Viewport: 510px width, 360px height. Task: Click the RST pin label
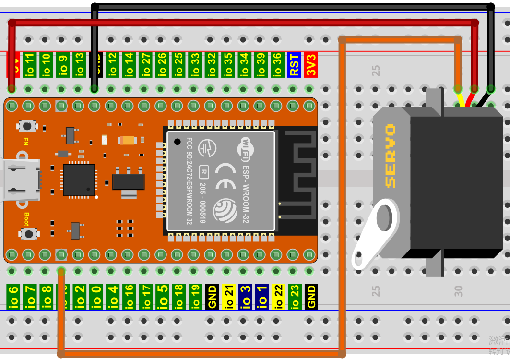294,64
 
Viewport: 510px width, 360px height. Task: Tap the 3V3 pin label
310,64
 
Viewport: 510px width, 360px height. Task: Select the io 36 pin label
277,64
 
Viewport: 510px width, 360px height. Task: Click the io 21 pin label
228,296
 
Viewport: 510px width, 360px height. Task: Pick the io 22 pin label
278,296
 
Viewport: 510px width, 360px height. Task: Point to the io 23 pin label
294,296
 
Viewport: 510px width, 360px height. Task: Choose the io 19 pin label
195,296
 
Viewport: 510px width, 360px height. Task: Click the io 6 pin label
13,296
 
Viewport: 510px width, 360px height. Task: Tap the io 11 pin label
29,64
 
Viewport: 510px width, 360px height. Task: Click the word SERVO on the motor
390,156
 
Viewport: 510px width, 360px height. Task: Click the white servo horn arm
376,235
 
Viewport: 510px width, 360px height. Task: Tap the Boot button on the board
29,234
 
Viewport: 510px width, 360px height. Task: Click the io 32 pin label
212,64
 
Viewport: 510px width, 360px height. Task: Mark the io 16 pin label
129,296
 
